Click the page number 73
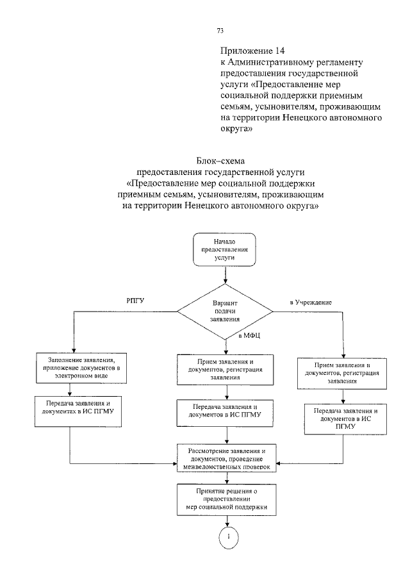pos(220,31)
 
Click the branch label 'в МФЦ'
pos(249,336)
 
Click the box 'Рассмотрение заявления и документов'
pos(226,459)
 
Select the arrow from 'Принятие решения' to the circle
pos(225,522)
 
